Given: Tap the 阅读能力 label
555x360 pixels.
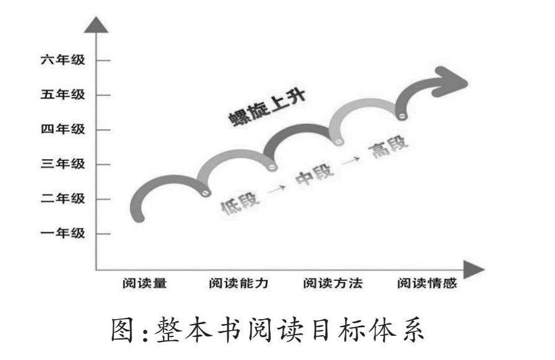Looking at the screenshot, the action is coord(238,284).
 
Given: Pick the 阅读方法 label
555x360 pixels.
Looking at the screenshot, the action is coord(333,284).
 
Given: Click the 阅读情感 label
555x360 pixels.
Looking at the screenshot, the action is coord(427,284).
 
